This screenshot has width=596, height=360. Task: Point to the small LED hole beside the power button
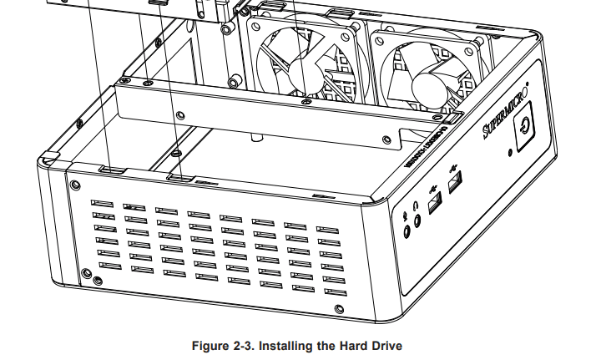511,153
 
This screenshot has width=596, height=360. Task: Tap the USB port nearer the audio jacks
435,201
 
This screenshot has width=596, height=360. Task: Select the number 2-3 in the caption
244,345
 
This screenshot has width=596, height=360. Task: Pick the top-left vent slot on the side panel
102,203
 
